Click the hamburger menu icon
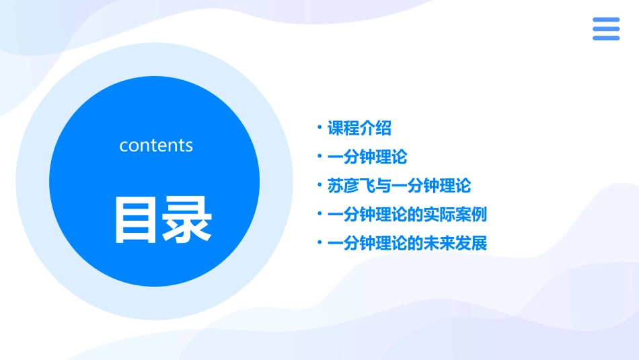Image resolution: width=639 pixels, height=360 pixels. point(605,29)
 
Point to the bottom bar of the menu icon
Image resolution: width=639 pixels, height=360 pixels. point(605,38)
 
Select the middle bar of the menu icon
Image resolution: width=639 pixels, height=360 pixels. point(605,29)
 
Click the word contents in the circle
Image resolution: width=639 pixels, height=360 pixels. point(155,145)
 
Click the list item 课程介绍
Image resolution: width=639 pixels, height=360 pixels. point(359,128)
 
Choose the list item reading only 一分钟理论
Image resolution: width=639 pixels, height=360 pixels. point(367,157)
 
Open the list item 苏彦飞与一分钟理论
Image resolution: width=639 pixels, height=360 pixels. point(399,186)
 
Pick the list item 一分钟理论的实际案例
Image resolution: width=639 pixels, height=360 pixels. point(406,215)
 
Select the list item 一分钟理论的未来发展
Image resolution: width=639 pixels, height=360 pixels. point(406,243)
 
